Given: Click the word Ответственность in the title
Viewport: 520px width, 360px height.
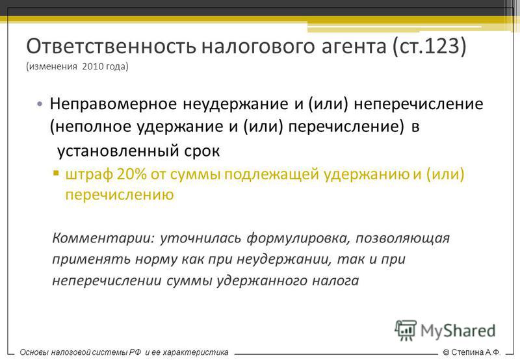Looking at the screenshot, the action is tap(111, 46).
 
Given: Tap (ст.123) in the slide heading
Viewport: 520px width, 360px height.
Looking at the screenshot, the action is tap(429, 47).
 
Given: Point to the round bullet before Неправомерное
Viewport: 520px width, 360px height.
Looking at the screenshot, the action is tap(40, 104).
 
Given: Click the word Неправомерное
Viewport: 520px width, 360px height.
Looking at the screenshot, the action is tap(113, 104).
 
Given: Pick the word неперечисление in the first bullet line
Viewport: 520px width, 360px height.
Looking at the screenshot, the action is tap(419, 104).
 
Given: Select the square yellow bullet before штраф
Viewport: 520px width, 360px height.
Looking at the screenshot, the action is tap(56, 173).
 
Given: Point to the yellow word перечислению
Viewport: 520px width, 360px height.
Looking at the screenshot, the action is tap(120, 195).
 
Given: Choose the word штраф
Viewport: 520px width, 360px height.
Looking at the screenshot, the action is tap(89, 174).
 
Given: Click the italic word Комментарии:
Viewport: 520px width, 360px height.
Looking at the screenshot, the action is tap(103, 238).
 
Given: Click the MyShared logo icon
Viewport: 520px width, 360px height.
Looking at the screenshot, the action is tap(406, 330).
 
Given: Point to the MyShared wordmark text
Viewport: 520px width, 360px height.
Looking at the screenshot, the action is tap(458, 331).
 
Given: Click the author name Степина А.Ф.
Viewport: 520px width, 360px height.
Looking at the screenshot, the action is tap(475, 352).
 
